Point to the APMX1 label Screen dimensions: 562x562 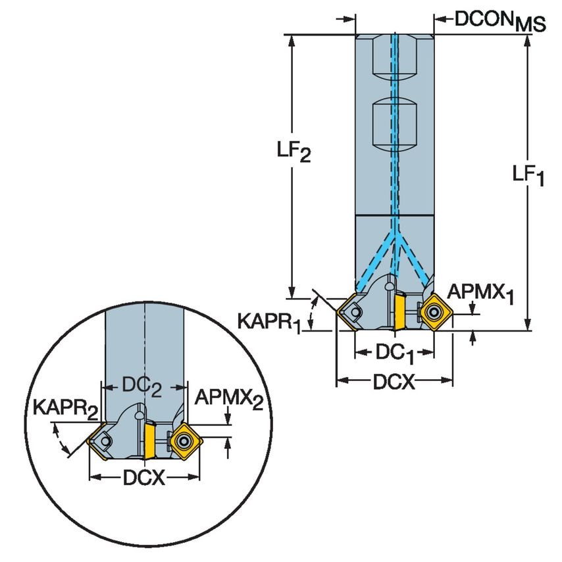(479, 293)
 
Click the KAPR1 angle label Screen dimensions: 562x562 (269, 322)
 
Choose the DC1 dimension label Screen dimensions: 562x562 (395, 353)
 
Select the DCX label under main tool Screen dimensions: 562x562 (394, 382)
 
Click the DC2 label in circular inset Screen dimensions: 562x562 (143, 387)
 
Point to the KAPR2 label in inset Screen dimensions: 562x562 (65, 409)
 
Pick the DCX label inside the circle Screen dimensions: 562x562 (143, 478)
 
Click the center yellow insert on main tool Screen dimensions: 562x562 (399, 310)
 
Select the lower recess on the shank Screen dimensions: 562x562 (395, 126)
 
